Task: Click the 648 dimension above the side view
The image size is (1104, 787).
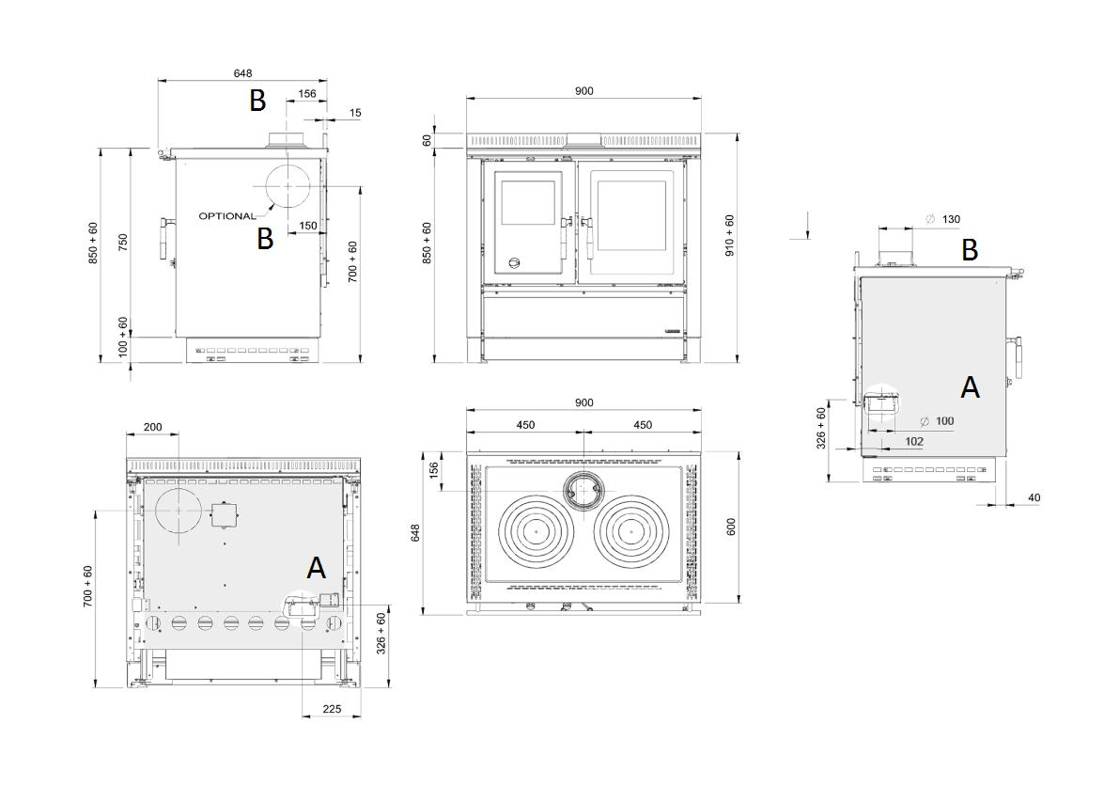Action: [x=242, y=73]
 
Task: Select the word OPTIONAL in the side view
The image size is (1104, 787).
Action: [x=226, y=216]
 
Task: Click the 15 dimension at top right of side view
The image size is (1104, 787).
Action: [x=354, y=113]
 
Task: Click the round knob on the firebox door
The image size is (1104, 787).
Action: [x=514, y=263]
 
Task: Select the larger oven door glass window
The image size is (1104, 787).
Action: [x=631, y=215]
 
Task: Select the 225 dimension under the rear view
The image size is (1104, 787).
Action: [x=332, y=708]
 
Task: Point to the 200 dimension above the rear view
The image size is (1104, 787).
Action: [x=152, y=427]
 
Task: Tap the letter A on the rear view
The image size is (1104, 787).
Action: [x=317, y=568]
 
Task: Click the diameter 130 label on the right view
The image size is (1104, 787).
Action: [x=943, y=219]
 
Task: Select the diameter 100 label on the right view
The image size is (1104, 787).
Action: [x=937, y=421]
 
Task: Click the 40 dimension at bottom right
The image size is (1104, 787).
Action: [x=1034, y=497]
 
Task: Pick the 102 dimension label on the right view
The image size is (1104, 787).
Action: [x=914, y=441]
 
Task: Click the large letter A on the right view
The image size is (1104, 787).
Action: [x=970, y=386]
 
